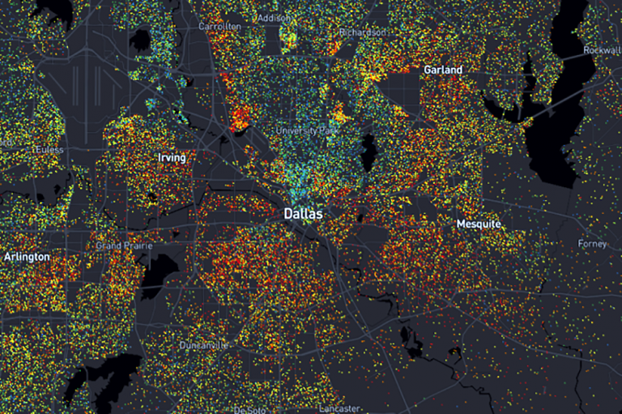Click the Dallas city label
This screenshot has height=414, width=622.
[x=303, y=214]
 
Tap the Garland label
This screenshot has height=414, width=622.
[x=443, y=70]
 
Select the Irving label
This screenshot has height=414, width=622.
[x=171, y=158]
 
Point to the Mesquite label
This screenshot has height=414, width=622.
[x=479, y=224]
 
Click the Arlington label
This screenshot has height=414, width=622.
[x=27, y=257]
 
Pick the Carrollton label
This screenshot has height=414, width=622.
[x=220, y=27]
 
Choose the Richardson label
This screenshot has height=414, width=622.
[x=363, y=32]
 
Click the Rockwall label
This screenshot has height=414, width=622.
[x=602, y=50]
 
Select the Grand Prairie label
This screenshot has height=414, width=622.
[x=120, y=245]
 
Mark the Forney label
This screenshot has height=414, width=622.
[x=592, y=244]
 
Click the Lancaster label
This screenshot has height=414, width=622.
[x=339, y=408]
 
